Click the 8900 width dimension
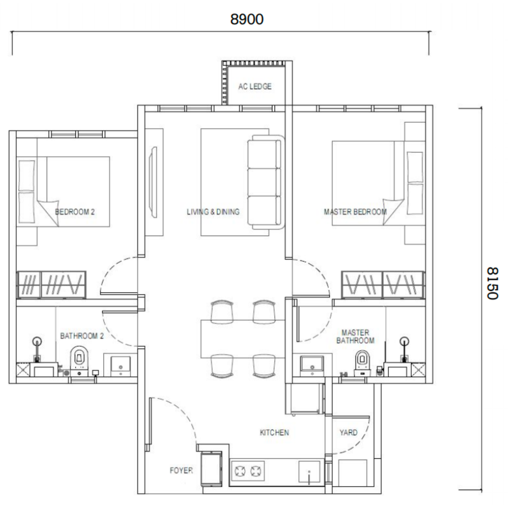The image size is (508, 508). click(x=247, y=19)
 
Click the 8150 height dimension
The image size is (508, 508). click(x=493, y=283)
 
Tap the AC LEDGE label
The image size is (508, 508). click(x=255, y=87)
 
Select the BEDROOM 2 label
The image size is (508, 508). click(x=75, y=212)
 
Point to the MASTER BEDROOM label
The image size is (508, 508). click(x=355, y=212)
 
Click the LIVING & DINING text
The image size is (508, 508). click(x=213, y=212)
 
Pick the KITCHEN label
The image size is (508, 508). click(x=274, y=433)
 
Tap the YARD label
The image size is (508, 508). click(x=348, y=433)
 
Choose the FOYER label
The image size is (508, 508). click(x=181, y=470)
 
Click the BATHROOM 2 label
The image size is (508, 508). click(x=82, y=336)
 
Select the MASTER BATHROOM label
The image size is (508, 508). click(x=355, y=336)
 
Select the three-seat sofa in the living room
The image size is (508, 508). click(x=266, y=181)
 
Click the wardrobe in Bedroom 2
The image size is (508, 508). click(x=52, y=285)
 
